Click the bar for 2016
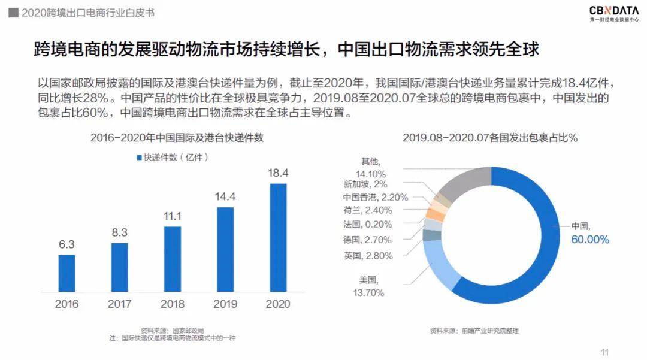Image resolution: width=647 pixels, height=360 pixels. (66, 273)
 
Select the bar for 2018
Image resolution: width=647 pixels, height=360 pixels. (173, 259)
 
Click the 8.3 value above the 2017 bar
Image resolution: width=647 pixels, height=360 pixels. (120, 232)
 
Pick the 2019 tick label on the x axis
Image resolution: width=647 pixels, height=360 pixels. (225, 304)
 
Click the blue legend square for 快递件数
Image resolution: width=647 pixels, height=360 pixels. (138, 158)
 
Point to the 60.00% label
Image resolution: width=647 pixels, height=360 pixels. (589, 240)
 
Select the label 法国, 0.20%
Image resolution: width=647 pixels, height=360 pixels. (368, 225)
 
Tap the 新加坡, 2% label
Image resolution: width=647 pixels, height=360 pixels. (365, 184)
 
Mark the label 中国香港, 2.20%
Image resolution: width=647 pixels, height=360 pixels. (367, 197)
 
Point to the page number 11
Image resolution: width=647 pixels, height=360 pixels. (604, 352)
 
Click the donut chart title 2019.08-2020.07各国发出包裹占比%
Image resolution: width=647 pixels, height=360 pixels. (489, 138)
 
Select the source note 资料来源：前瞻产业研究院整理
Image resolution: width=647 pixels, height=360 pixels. (474, 330)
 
